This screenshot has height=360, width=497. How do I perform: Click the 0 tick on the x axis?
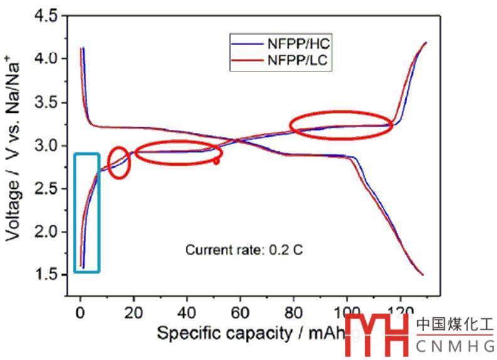point(80,311)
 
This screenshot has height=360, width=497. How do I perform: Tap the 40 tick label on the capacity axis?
point(186,311)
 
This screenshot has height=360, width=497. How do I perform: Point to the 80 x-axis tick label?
point(293,311)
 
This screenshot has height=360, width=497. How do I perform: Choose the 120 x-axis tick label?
point(400,311)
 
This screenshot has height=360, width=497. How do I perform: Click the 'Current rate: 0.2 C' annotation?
point(244,250)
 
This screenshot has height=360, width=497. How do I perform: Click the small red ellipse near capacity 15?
point(119,162)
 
